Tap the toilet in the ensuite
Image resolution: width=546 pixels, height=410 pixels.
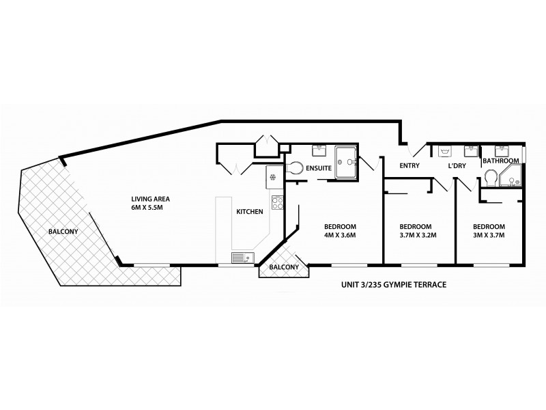tap(296, 167)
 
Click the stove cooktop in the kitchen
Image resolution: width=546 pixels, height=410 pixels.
tap(277, 202)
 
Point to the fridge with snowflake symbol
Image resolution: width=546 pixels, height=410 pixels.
tap(273, 176)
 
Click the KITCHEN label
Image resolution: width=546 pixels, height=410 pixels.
tap(250, 213)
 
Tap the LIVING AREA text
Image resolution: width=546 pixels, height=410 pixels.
tap(151, 200)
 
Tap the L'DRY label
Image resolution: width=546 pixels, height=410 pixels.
tap(457, 167)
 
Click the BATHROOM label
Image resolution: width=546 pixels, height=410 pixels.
tap(501, 161)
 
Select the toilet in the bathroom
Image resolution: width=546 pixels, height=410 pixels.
tap(490, 178)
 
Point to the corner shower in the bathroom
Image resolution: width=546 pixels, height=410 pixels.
tap(511, 177)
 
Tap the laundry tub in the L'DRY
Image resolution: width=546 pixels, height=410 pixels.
tap(445, 150)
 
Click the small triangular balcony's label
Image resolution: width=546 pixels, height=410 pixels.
tap(282, 267)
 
